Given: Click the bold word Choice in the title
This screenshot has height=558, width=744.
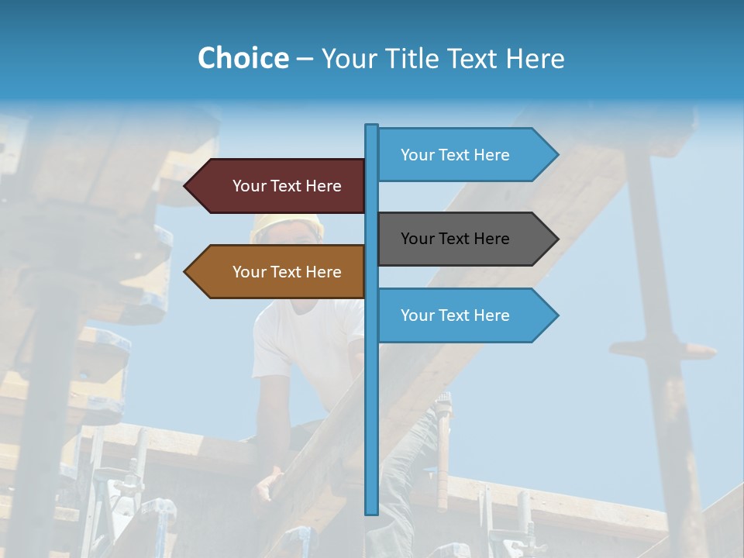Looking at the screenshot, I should click(243, 58).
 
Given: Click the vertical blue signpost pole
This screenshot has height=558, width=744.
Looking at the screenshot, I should click(371, 403).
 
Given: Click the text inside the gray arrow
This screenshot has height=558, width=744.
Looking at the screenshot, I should click(455, 239).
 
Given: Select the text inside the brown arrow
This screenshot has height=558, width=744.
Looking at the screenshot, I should click(287, 272).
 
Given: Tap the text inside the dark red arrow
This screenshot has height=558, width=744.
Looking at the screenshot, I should click(287, 186).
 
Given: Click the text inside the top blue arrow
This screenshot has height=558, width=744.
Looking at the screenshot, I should click(455, 155).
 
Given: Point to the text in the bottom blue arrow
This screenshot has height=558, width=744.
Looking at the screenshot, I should click(455, 315).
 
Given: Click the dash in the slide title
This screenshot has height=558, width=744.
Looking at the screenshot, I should click(305, 59).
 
